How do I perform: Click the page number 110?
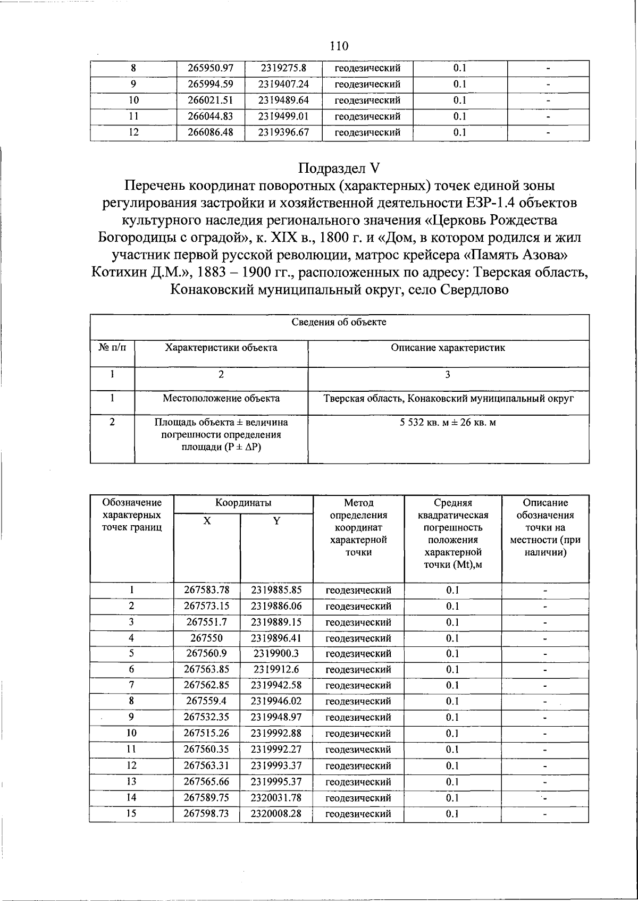[339, 46]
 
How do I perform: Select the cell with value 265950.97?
[211, 68]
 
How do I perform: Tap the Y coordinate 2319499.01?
[283, 116]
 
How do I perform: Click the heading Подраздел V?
[339, 169]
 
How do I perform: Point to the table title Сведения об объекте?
[339, 322]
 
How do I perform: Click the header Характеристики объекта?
[221, 348]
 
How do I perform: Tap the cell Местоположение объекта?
[221, 398]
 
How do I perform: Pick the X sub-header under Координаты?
[207, 521]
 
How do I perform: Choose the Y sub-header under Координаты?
[276, 521]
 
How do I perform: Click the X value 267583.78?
[207, 590]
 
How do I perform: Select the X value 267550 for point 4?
[207, 638]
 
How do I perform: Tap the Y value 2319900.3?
[276, 653]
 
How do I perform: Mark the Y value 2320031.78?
[276, 797]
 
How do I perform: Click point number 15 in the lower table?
[131, 813]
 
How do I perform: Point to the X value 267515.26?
[207, 733]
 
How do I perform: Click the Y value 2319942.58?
[276, 685]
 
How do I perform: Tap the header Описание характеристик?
[448, 348]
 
